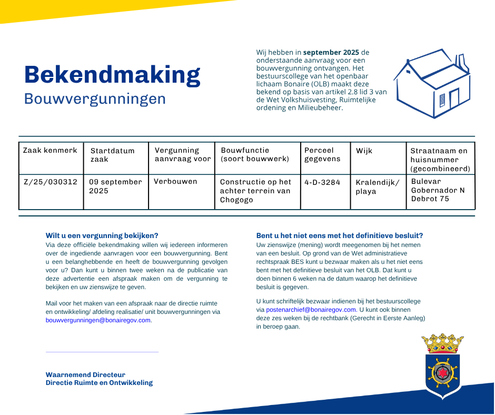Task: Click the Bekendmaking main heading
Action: point(112,75)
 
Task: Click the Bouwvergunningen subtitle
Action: point(95,99)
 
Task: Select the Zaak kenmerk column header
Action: point(50,151)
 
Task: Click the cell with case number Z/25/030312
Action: point(51,182)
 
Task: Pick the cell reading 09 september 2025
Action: point(115,186)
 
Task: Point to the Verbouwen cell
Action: point(175,182)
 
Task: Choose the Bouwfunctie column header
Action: point(255,154)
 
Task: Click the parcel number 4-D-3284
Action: point(322,182)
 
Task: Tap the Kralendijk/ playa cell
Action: point(378,187)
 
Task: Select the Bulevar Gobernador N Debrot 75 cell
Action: point(438,190)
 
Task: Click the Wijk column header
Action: point(364,151)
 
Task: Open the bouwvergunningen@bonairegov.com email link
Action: point(98,320)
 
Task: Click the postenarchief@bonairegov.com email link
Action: point(311,310)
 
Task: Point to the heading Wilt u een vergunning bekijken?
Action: point(102,235)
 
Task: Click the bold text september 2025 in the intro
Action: point(331,53)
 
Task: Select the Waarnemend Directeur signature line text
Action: point(85,375)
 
